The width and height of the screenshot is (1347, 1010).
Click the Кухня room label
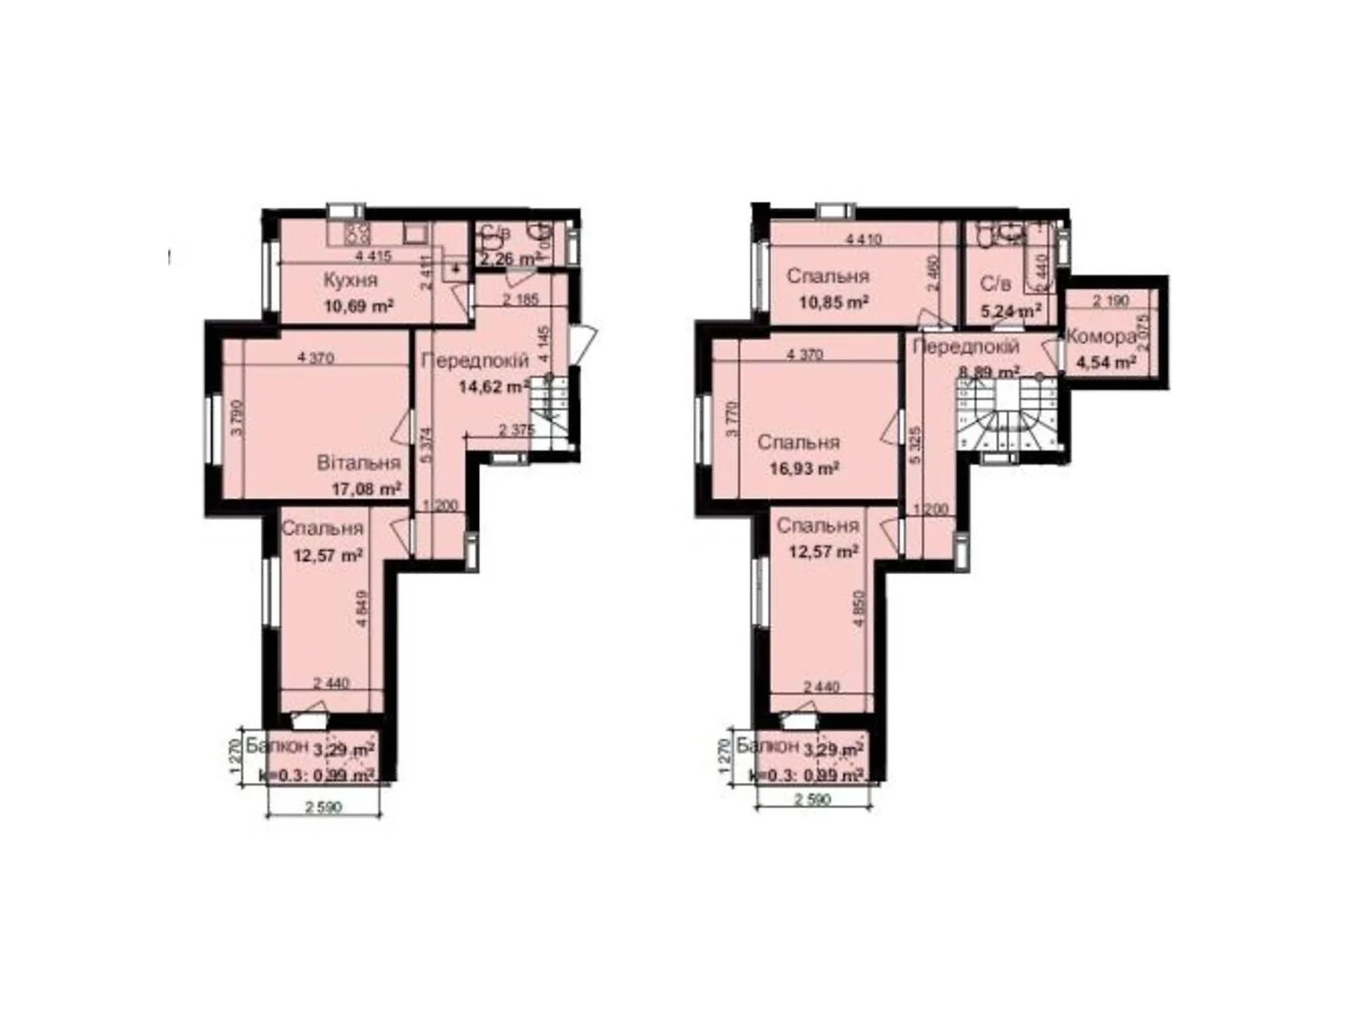click(351, 280)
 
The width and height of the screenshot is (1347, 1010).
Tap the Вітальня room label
click(358, 463)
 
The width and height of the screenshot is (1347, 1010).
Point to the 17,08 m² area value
click(366, 488)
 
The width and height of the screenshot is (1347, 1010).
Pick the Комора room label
click(1101, 338)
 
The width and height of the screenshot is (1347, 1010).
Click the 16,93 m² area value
click(804, 469)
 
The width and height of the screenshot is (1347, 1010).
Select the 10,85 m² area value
click(834, 301)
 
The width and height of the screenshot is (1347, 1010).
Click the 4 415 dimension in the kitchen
click(373, 256)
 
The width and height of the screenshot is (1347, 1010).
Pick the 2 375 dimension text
click(517, 430)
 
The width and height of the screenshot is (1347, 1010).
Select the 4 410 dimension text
click(863, 240)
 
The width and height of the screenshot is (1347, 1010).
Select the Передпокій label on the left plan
click(475, 361)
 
